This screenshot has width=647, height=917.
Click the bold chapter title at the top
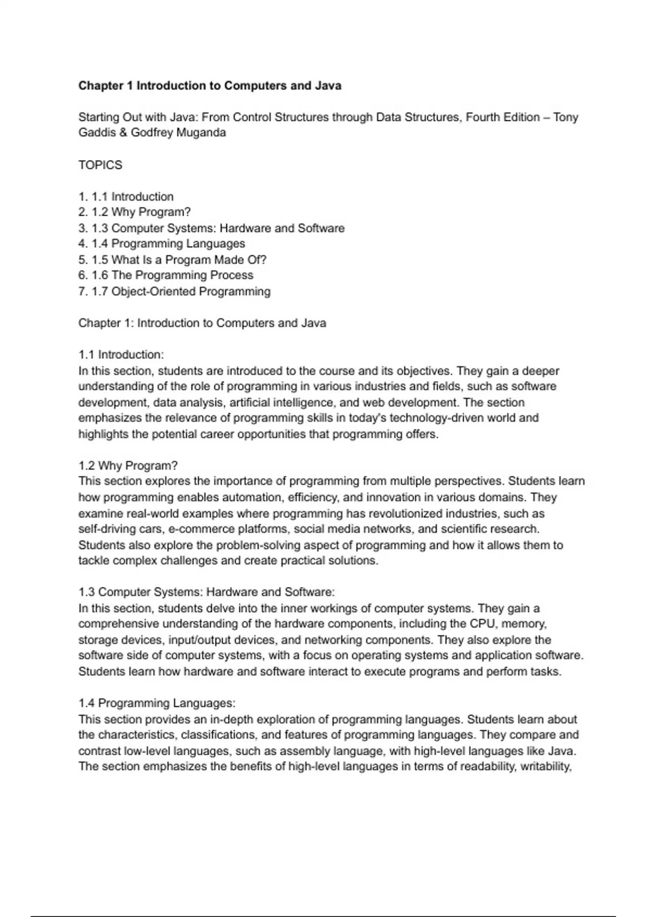[x=210, y=86]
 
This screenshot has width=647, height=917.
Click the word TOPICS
[x=100, y=165]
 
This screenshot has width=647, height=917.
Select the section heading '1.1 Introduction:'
[x=121, y=355]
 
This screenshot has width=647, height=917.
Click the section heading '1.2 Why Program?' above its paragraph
[x=128, y=466]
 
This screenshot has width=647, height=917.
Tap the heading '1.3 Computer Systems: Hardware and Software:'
[x=207, y=592]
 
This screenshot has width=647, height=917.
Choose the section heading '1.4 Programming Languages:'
[x=157, y=703]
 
